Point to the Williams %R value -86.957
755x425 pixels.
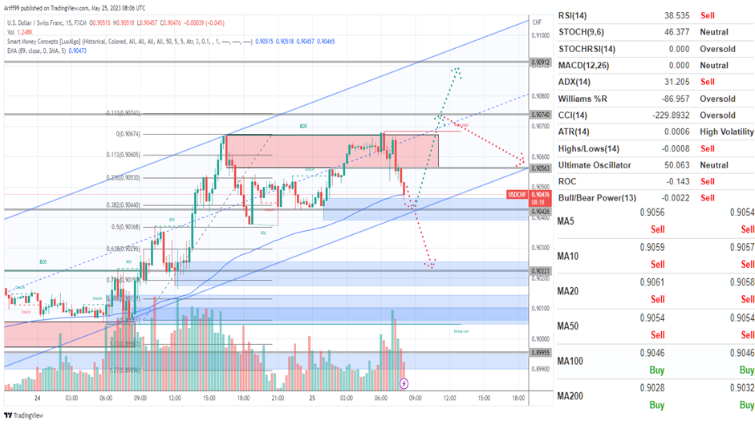tap(651, 99)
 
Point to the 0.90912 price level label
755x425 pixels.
tap(540, 62)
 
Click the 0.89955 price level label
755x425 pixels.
tap(540, 353)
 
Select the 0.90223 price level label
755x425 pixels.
tap(540, 271)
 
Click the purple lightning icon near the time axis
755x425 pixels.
tap(404, 384)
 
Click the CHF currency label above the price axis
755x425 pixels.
tap(536, 22)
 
